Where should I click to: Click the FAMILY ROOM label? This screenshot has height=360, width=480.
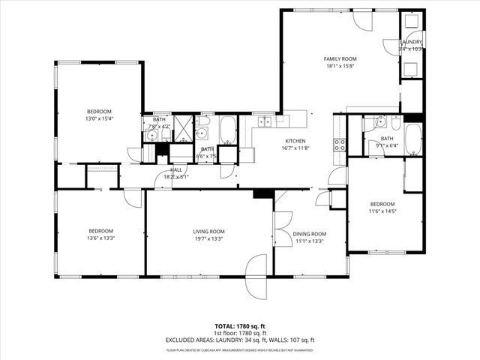click(340, 58)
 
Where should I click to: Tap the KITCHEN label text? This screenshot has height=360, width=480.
click(295, 141)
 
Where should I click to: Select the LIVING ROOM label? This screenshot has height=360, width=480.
click(209, 231)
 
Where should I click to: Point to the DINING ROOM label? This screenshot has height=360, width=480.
click(310, 233)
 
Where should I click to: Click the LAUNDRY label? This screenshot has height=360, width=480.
click(411, 42)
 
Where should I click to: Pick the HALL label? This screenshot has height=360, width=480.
click(176, 170)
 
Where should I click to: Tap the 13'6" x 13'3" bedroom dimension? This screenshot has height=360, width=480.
click(100, 238)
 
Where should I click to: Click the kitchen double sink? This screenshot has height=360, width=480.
click(265, 121)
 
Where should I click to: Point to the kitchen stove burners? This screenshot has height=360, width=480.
click(339, 144)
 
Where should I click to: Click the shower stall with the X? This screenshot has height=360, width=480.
click(184, 127)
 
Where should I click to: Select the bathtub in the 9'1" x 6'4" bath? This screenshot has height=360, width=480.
click(412, 139)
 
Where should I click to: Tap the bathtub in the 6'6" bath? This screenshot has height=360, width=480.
click(228, 130)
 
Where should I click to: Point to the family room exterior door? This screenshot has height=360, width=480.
click(361, 20)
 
